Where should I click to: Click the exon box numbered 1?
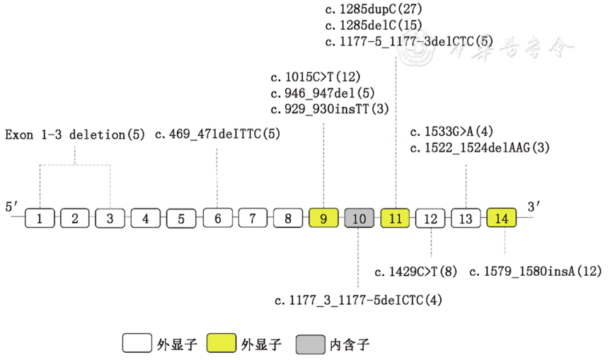pos(40,219)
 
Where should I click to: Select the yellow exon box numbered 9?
pos(324,219)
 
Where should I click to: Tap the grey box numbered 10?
pos(359,219)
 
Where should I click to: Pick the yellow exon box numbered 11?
pos(395,219)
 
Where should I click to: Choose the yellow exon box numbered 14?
pos(502,219)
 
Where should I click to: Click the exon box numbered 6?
pos(217,219)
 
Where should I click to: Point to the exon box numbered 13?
pos(466,219)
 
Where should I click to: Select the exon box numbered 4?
pos(146,219)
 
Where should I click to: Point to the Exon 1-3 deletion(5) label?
pos(74,134)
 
